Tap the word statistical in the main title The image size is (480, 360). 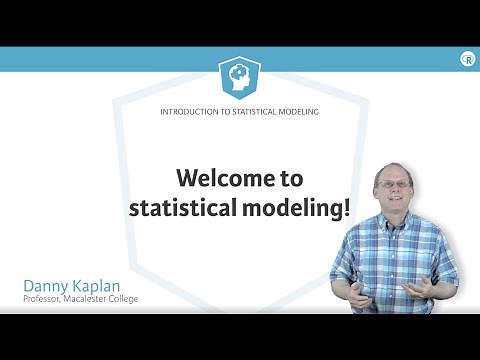tap(183, 209)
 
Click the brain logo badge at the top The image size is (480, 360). tap(240, 76)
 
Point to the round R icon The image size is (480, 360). tap(467, 59)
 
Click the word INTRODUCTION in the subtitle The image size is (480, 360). tap(189, 112)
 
